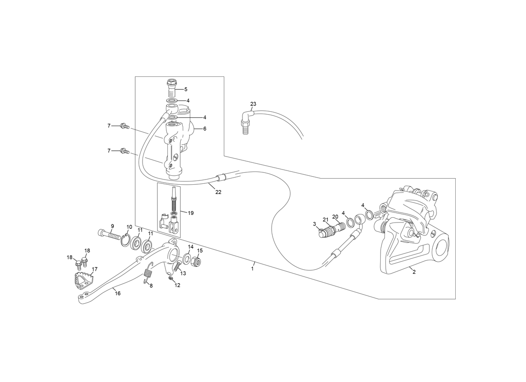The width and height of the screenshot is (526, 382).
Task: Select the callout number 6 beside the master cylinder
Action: [205, 128]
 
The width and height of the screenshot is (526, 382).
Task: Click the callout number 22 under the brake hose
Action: [218, 192]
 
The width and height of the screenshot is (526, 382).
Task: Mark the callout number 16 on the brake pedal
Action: [118, 293]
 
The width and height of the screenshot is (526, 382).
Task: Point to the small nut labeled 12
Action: [170, 279]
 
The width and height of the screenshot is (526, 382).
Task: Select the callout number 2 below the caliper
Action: [414, 272]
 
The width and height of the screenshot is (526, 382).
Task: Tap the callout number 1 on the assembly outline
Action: [252, 268]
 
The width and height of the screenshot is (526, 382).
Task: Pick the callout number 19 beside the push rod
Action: [190, 213]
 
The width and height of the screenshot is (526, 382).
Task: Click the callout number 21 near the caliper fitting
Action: [325, 220]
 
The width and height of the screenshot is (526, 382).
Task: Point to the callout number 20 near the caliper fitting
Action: [335, 216]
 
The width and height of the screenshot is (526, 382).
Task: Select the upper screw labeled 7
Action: [125, 127]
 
